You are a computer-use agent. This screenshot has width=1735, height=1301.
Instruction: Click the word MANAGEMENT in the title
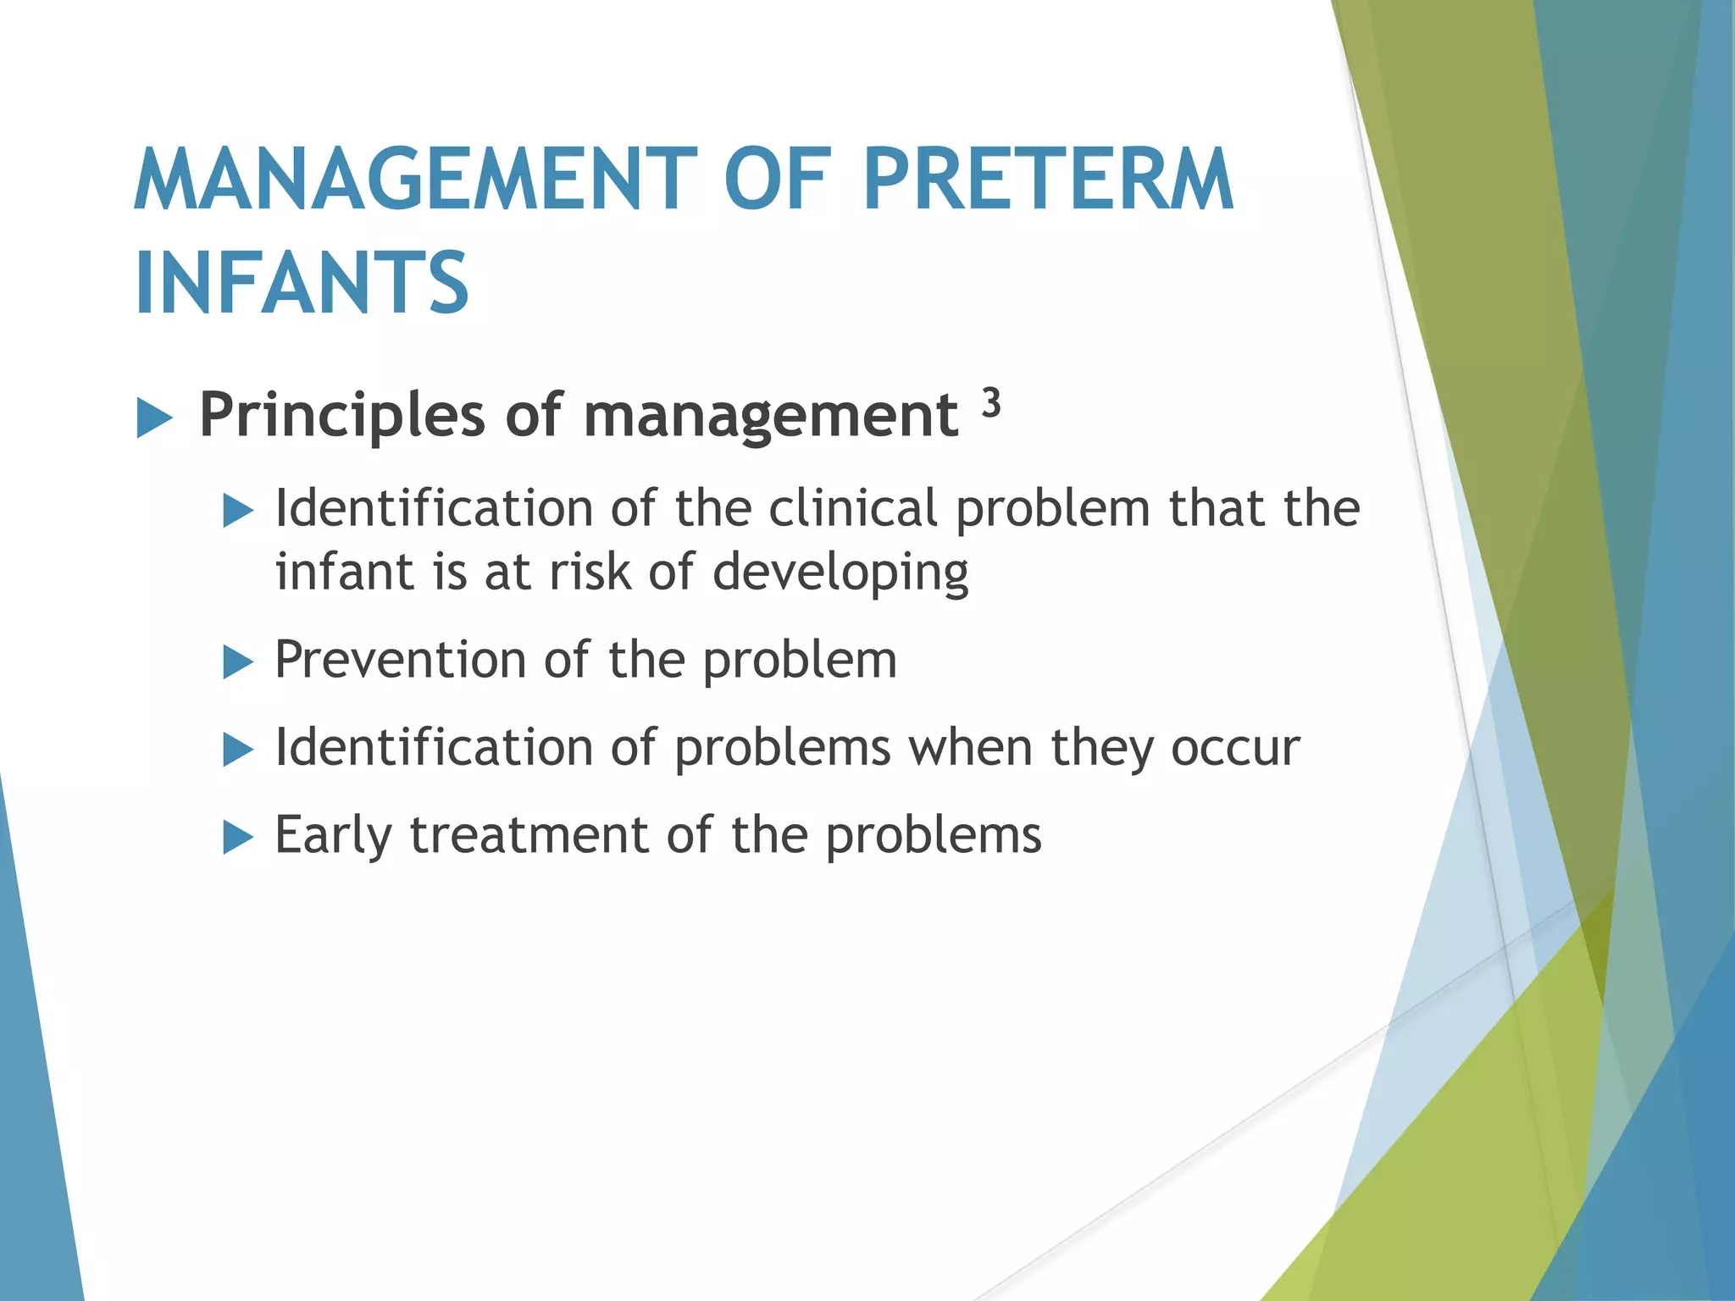tap(415, 180)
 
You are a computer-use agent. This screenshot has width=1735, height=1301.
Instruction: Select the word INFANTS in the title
tap(302, 283)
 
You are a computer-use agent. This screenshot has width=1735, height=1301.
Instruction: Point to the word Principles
tap(341, 416)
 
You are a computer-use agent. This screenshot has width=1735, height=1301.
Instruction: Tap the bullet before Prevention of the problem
tap(238, 662)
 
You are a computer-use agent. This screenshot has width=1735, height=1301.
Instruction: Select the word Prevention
tap(400, 660)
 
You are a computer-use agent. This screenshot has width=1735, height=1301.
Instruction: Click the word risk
tap(590, 572)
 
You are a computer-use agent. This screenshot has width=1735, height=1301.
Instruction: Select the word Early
tap(333, 836)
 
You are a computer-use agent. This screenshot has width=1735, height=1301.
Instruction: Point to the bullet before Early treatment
tap(238, 838)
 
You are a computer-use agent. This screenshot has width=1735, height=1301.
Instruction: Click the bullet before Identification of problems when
tap(238, 750)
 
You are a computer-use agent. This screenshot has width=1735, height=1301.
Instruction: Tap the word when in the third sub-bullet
tap(970, 748)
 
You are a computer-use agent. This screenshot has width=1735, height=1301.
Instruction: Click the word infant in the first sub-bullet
tap(346, 572)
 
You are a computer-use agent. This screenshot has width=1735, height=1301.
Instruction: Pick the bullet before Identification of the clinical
tap(238, 511)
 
